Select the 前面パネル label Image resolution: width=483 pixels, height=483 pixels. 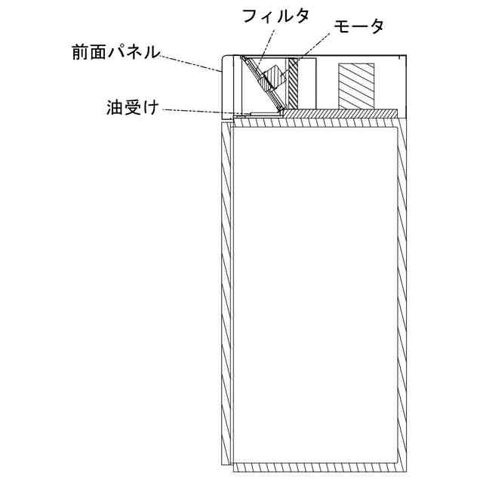coord(113,52)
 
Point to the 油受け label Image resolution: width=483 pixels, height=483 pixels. coord(134,108)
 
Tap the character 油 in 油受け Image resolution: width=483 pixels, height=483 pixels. coord(114,108)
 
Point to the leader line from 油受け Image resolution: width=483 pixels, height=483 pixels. coord(196,112)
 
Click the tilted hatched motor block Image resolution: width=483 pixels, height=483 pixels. coord(273,78)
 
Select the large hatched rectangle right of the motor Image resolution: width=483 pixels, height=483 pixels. coord(355,84)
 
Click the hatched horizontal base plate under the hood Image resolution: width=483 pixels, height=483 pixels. coord(340,112)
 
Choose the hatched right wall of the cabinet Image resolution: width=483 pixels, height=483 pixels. coord(403,294)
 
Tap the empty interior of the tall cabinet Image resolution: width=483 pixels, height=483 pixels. coord(315,294)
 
